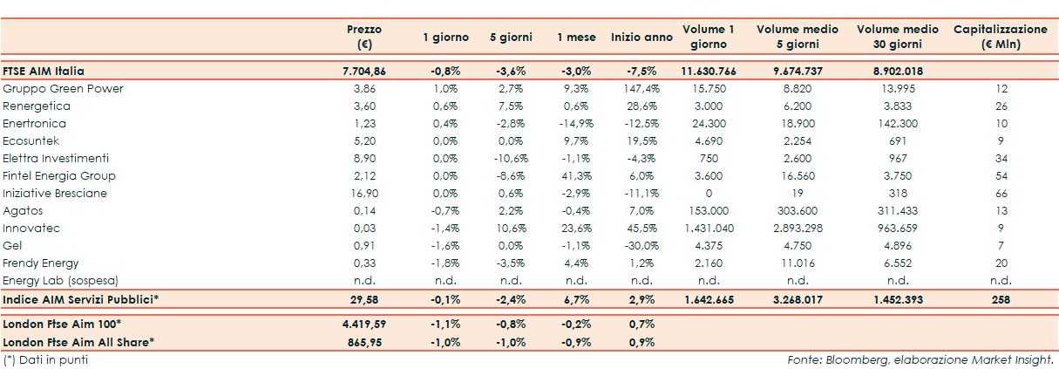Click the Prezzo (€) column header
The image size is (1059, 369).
[x=363, y=37]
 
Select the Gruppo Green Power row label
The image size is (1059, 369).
[x=64, y=89]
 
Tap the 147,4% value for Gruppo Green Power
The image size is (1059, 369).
[x=642, y=89]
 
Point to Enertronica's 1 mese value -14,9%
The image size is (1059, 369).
[x=576, y=124]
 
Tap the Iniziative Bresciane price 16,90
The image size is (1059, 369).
[x=363, y=194]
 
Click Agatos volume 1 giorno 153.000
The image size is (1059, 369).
[x=709, y=211]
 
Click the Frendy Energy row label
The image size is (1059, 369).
[x=41, y=263]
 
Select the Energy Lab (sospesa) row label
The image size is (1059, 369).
[x=60, y=281]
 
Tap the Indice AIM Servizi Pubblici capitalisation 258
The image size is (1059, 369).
[x=1001, y=300]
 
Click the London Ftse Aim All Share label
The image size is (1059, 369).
[x=78, y=342]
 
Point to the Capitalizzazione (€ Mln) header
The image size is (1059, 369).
[x=1001, y=37]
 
